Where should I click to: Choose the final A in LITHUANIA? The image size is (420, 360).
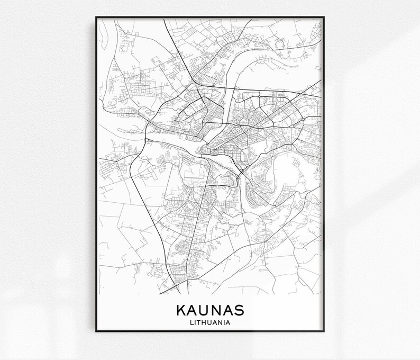231,321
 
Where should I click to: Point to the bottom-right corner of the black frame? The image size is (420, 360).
325,332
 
